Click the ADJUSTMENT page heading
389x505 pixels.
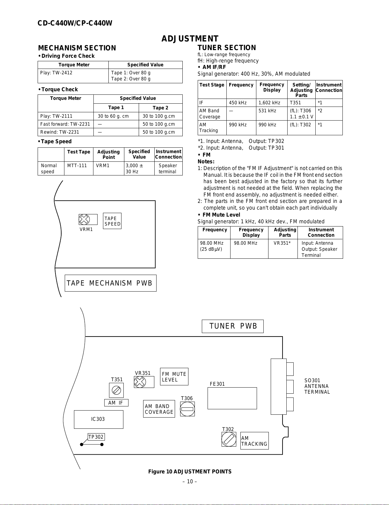click(190, 39)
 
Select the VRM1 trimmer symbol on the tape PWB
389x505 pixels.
click(84, 219)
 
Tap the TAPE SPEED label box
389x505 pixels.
click(112, 221)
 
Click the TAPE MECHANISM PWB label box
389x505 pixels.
click(110, 283)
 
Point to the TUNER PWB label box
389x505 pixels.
click(233, 326)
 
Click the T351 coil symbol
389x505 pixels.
click(116, 390)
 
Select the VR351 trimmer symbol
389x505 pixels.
click(140, 382)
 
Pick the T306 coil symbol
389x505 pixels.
click(187, 409)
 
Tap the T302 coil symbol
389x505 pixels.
click(229, 439)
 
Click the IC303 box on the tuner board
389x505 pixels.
click(99, 419)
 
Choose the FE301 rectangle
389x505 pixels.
click(232, 398)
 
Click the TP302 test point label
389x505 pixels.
click(96, 437)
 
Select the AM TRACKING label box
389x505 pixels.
click(254, 441)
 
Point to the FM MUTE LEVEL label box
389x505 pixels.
click(174, 377)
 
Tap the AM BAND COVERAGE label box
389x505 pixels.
click(159, 409)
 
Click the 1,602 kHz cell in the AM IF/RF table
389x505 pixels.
click(269, 103)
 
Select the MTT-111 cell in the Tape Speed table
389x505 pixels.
click(77, 166)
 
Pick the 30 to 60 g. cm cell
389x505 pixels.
click(113, 116)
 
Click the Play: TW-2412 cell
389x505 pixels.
click(56, 73)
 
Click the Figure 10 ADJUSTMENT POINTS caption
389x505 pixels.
click(190, 472)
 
